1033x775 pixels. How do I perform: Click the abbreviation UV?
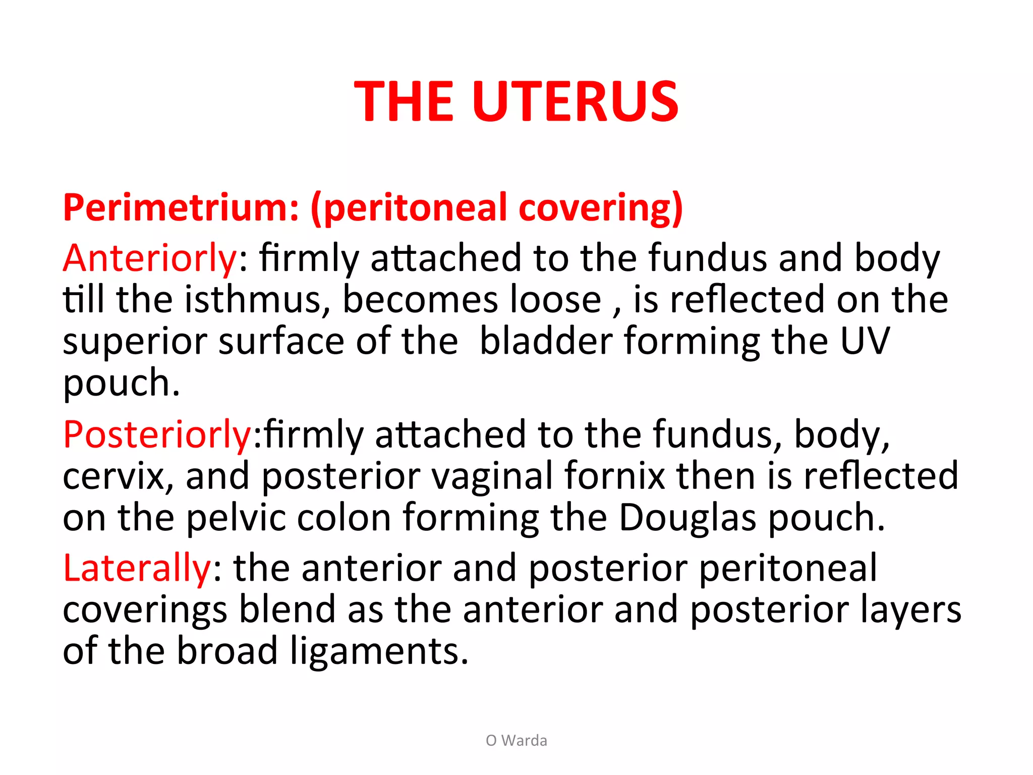865,342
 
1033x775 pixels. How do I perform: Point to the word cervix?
113,477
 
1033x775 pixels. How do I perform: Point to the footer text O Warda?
516,741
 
